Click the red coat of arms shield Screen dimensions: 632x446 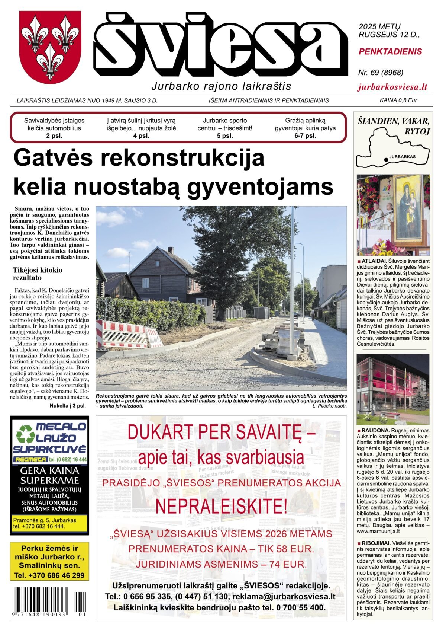[50, 47]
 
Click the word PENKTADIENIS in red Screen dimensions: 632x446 [390, 51]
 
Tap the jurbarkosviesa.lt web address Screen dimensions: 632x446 [392, 87]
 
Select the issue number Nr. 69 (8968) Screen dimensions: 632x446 [381, 73]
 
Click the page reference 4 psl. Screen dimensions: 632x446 [141, 136]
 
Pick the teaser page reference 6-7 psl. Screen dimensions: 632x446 [305, 136]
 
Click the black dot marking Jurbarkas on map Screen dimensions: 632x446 [386, 159]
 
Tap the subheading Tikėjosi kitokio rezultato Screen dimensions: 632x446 [38, 274]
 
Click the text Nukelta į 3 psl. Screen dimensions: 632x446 [68, 406]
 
